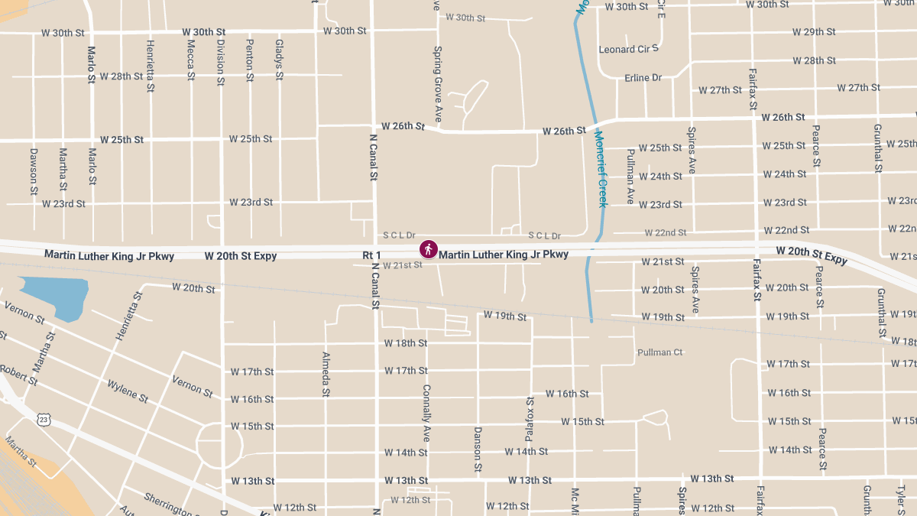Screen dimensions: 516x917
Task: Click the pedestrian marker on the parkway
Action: pos(429,249)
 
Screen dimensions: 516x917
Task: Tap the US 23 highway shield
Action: pos(44,419)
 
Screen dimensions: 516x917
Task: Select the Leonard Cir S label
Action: pos(628,49)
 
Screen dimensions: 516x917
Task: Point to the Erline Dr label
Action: pos(643,78)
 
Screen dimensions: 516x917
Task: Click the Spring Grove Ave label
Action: pos(438,84)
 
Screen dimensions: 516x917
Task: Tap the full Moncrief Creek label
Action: pos(601,169)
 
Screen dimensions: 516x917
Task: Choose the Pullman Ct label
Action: pos(659,352)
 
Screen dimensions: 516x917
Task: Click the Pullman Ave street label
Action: pos(630,177)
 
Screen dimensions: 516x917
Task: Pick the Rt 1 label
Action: pos(371,255)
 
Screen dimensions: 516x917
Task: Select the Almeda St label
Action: pos(326,375)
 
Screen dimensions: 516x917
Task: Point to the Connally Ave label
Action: pos(427,413)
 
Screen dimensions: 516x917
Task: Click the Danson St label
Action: pos(478,449)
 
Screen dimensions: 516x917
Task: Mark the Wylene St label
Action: pos(128,391)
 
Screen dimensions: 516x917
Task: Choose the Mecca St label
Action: pos(191,60)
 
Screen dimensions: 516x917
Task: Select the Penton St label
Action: pos(249,60)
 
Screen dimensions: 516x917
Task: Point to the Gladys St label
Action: pos(279,60)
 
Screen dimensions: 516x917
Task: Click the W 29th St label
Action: pos(814,32)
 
